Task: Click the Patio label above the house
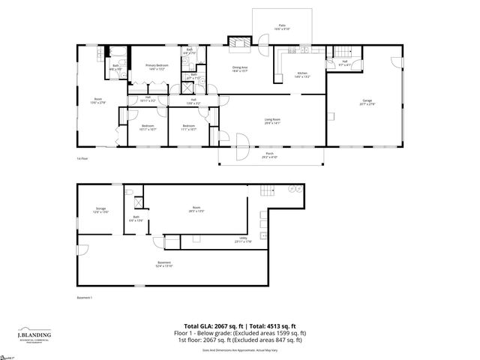pyautogui.click(x=282, y=27)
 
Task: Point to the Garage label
pyautogui.click(x=367, y=100)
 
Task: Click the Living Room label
pyautogui.click(x=272, y=121)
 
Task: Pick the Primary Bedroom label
pyautogui.click(x=156, y=67)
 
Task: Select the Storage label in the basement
pyautogui.click(x=100, y=210)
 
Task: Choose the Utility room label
pyautogui.click(x=243, y=240)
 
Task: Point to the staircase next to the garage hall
pyautogui.click(x=343, y=52)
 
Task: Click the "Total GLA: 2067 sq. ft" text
pyautogui.click(x=217, y=325)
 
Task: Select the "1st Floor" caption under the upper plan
pyautogui.click(x=82, y=159)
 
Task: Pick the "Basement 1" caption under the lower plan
pyautogui.click(x=85, y=298)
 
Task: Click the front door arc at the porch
pyautogui.click(x=241, y=142)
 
